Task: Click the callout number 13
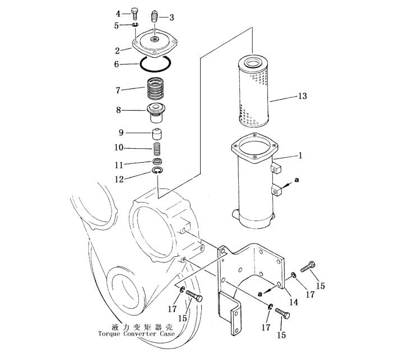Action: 302,96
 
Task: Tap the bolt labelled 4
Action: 135,14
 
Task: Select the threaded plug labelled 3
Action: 155,17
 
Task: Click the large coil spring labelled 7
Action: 156,88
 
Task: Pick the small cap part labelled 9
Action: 157,134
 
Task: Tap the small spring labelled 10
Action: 157,149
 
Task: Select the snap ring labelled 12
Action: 157,171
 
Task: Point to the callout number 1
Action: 300,155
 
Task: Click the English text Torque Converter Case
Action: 136,334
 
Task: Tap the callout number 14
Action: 294,302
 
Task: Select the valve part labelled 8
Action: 156,113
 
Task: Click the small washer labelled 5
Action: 135,25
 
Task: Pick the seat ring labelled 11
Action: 157,161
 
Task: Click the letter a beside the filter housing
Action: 296,180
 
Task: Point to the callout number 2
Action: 117,51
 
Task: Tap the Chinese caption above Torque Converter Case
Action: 142,327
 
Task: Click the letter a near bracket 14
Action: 260,294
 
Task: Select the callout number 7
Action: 118,90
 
